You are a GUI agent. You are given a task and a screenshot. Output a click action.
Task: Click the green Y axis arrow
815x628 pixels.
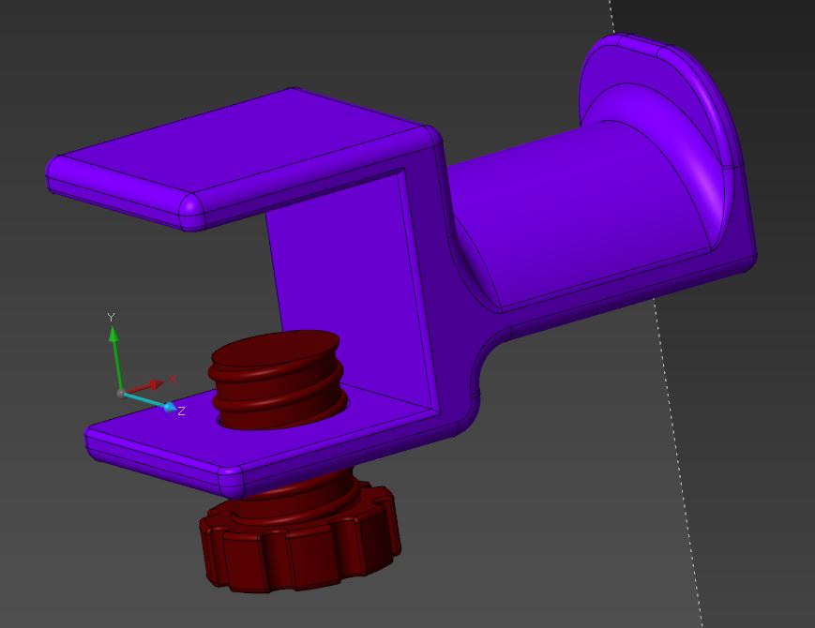[115, 357]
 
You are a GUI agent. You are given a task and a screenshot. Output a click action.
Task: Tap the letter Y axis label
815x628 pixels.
[111, 317]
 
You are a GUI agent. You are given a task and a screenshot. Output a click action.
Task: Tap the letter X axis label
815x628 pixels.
[173, 380]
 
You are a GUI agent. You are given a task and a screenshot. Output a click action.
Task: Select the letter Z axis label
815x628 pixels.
[181, 411]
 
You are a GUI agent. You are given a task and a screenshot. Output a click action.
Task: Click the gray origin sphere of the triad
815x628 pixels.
[121, 394]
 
